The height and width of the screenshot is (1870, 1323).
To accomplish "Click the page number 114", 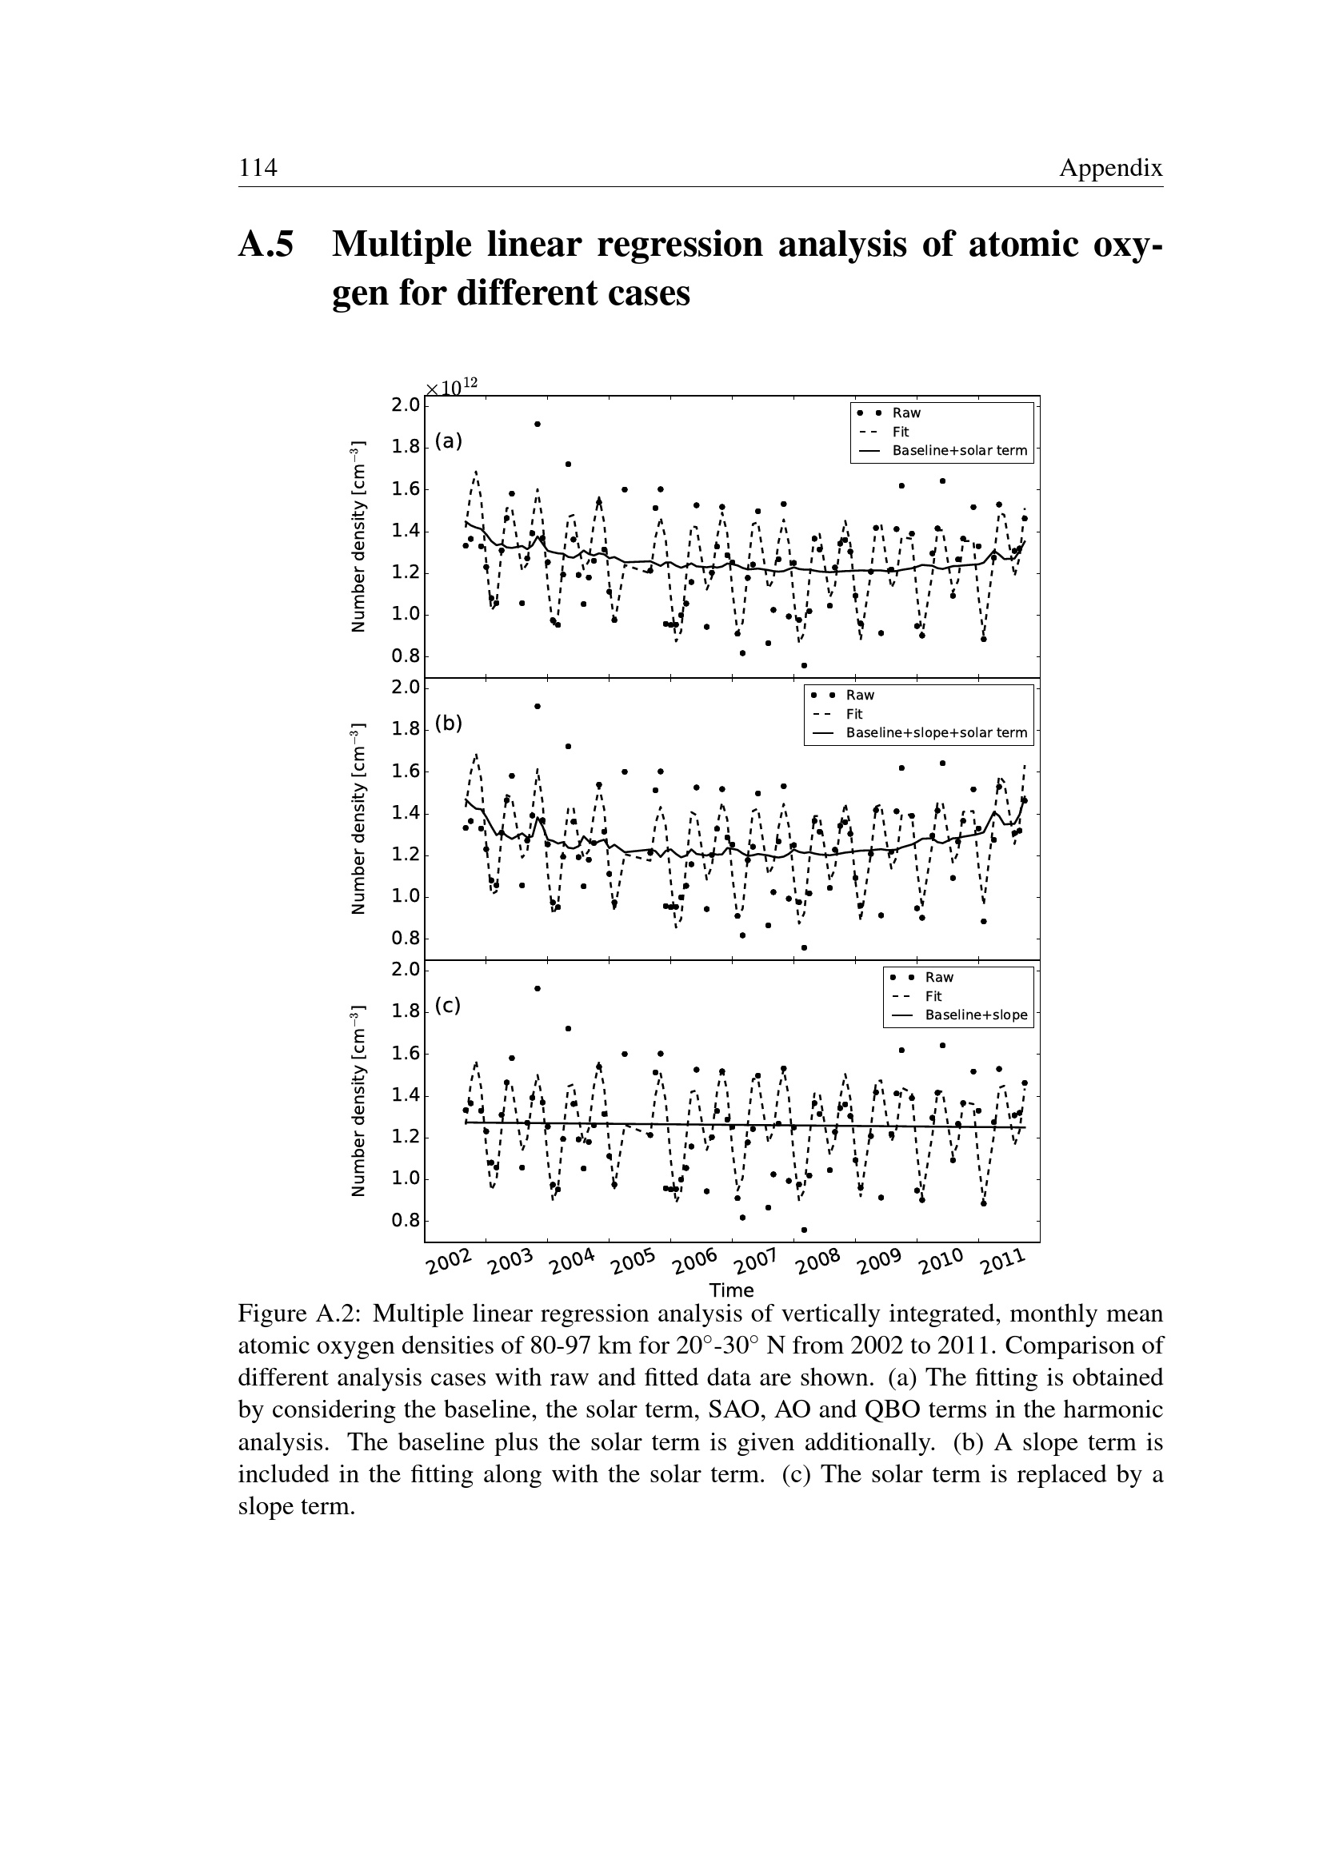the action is point(258,168).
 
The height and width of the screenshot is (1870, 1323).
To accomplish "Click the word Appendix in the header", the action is point(1110,169).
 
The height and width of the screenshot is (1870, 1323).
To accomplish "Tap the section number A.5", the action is point(266,245).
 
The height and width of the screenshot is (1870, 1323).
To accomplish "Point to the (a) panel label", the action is point(448,441).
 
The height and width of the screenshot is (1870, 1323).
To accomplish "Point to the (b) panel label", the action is point(448,724).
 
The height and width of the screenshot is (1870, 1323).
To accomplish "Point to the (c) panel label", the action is point(447,1006).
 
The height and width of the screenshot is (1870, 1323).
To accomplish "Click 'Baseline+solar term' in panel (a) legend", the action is point(960,450).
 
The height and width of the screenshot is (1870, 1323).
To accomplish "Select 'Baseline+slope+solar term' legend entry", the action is point(937,732).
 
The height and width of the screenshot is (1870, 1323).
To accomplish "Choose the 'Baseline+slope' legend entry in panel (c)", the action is point(976,1015).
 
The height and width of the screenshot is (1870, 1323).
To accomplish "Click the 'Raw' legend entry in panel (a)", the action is point(906,413).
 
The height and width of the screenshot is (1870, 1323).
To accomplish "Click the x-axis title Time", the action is point(732,1290).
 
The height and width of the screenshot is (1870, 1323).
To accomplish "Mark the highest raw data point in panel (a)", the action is point(538,425).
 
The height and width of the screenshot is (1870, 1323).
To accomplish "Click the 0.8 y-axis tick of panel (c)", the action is point(405,1221).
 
